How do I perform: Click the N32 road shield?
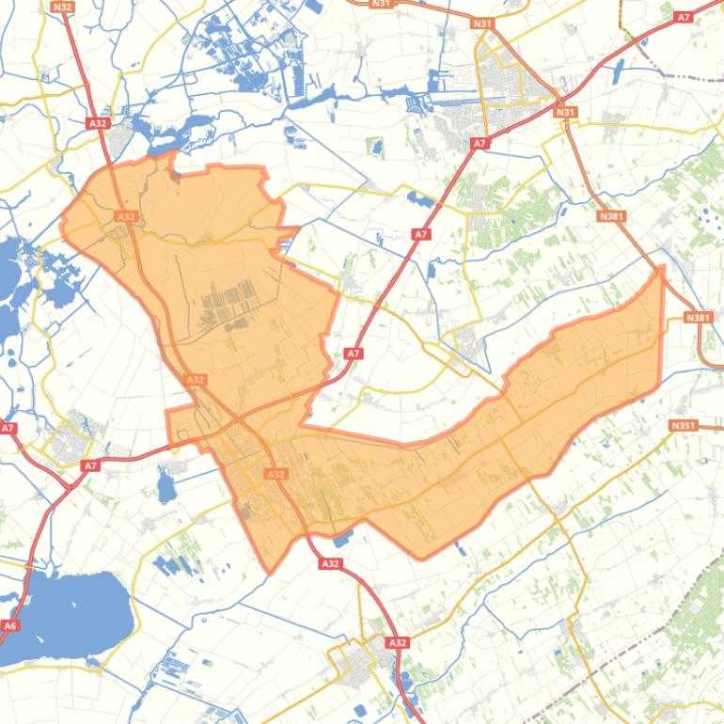coord(63,7)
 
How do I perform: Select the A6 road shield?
coord(10,625)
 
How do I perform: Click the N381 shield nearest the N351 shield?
coord(698,318)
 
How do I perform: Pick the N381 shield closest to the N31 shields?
coord(610,216)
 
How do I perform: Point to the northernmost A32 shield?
coord(96,123)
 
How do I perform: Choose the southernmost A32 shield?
coord(398,643)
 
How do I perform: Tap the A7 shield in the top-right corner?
coord(684,17)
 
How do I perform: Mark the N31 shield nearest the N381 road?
coord(565,113)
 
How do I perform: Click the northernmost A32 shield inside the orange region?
coord(125,216)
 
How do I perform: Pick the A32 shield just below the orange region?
coord(329,563)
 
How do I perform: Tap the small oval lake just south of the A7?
coord(167,487)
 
